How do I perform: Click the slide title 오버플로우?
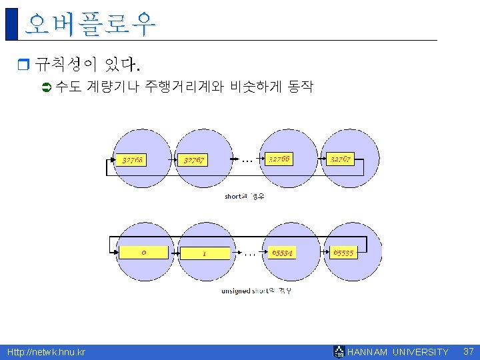click(x=90, y=24)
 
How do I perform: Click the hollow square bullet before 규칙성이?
click(x=22, y=65)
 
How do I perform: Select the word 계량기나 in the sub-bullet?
click(x=112, y=87)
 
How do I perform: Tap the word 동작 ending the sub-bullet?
click(x=300, y=87)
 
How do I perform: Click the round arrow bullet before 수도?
click(x=47, y=87)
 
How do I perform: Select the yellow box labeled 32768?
click(x=133, y=160)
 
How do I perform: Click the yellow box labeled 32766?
click(x=281, y=159)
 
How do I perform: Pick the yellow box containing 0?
click(x=143, y=253)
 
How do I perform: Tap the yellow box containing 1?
click(x=205, y=253)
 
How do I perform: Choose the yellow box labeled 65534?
click(x=283, y=253)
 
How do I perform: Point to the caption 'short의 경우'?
click(x=244, y=197)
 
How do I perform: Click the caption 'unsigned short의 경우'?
click(x=256, y=291)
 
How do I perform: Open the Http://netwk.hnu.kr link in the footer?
click(x=46, y=352)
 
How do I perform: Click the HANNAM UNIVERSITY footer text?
click(x=399, y=352)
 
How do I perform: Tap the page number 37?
click(x=468, y=351)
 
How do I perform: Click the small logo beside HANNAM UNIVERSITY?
click(x=339, y=352)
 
